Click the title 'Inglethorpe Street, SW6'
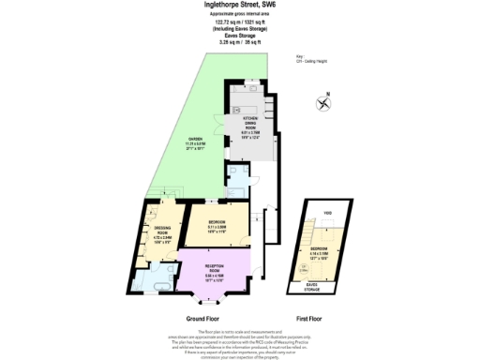pos(239,5)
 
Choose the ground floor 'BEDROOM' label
pos(217,221)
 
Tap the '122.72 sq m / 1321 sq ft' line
pos(239,22)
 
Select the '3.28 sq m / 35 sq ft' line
pos(239,42)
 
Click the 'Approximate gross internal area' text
pos(239,14)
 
